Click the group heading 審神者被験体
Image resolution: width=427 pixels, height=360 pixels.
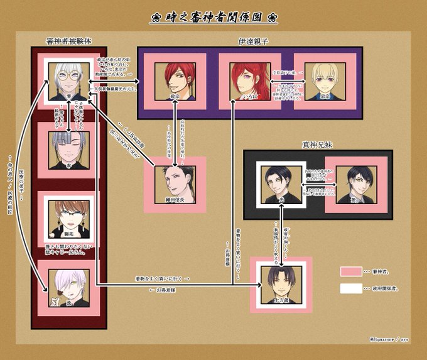68,41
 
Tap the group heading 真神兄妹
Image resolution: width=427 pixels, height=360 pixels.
318,145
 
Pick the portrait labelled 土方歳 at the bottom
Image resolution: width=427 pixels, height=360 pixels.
281,284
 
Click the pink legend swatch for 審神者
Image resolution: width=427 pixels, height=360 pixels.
351,271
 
